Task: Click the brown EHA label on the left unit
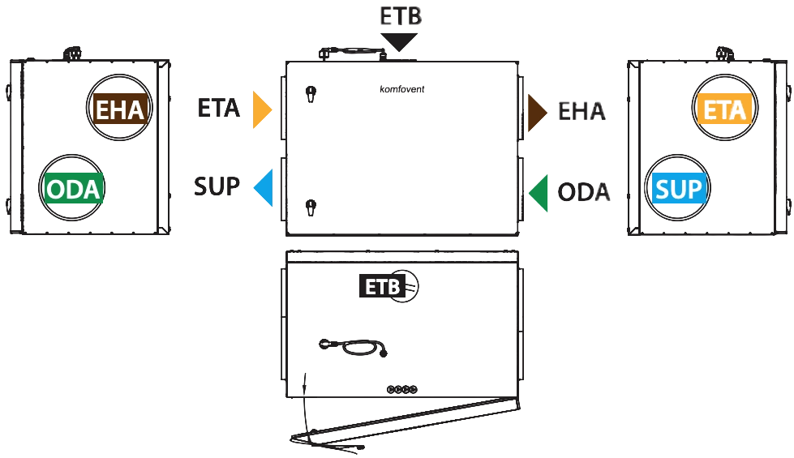[121, 109]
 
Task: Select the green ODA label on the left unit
[74, 188]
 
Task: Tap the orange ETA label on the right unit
[724, 109]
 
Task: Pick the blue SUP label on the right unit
[679, 188]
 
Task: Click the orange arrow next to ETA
[261, 109]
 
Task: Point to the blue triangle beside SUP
[264, 188]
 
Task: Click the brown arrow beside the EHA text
[536, 113]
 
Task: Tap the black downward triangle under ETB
[399, 42]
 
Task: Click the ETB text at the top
[401, 16]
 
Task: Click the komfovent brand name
[402, 89]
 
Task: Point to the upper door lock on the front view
[311, 93]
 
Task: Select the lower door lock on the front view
[311, 207]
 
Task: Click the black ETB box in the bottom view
[382, 286]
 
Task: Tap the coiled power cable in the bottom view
[354, 347]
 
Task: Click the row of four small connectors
[402, 389]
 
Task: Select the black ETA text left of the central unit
[218, 108]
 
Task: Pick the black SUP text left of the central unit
[217, 186]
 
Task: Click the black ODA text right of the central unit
[583, 192]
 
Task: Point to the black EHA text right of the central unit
[582, 111]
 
